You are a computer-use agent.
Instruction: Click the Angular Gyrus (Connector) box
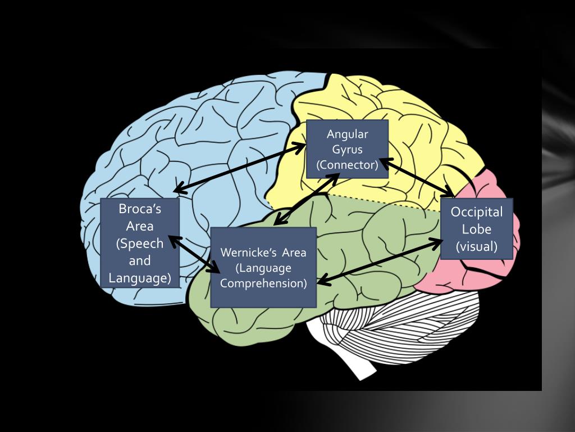tap(347, 149)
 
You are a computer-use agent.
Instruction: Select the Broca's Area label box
tap(140, 243)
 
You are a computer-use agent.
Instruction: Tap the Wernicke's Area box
tap(263, 267)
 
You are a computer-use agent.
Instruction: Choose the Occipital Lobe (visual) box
tap(477, 228)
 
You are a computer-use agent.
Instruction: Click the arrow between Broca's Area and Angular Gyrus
tap(240, 168)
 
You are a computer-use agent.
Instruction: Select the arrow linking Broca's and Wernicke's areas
tap(194, 255)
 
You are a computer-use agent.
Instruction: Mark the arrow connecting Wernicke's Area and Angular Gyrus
tap(305, 199)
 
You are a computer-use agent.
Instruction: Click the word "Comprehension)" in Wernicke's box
tap(263, 283)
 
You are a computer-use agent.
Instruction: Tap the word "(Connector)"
tap(347, 165)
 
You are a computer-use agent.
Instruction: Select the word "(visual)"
tap(477, 246)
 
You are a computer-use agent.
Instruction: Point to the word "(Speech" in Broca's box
tap(140, 244)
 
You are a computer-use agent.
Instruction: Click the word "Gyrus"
tap(347, 150)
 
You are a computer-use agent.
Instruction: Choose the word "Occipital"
tap(477, 212)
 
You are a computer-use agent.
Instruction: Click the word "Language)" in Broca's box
tap(140, 278)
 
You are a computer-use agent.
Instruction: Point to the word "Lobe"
tap(477, 229)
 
